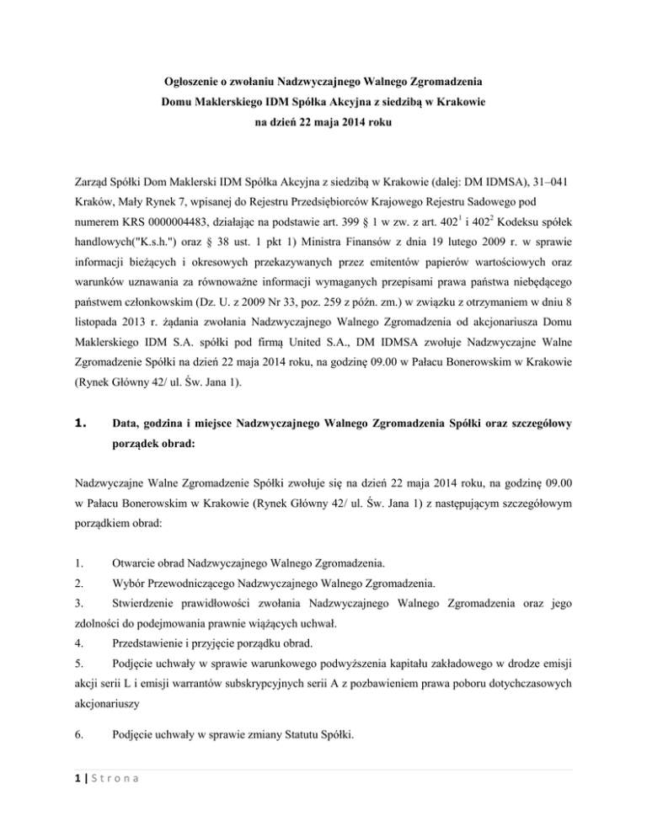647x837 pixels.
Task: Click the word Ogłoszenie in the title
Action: pyautogui.click(x=196, y=84)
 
